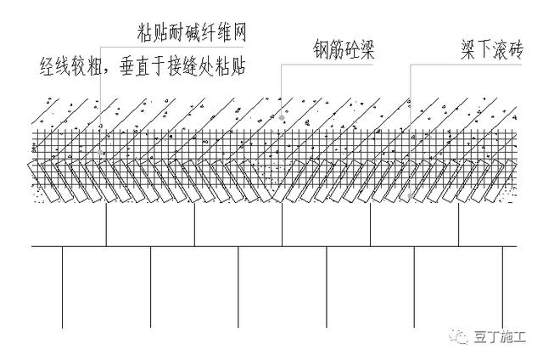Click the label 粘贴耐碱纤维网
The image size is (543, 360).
[196, 32]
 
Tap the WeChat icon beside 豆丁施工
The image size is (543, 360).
[462, 337]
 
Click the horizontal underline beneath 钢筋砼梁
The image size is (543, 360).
[339, 66]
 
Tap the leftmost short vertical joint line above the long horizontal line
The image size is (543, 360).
[106, 225]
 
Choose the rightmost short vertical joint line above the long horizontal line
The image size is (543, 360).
[459, 225]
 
